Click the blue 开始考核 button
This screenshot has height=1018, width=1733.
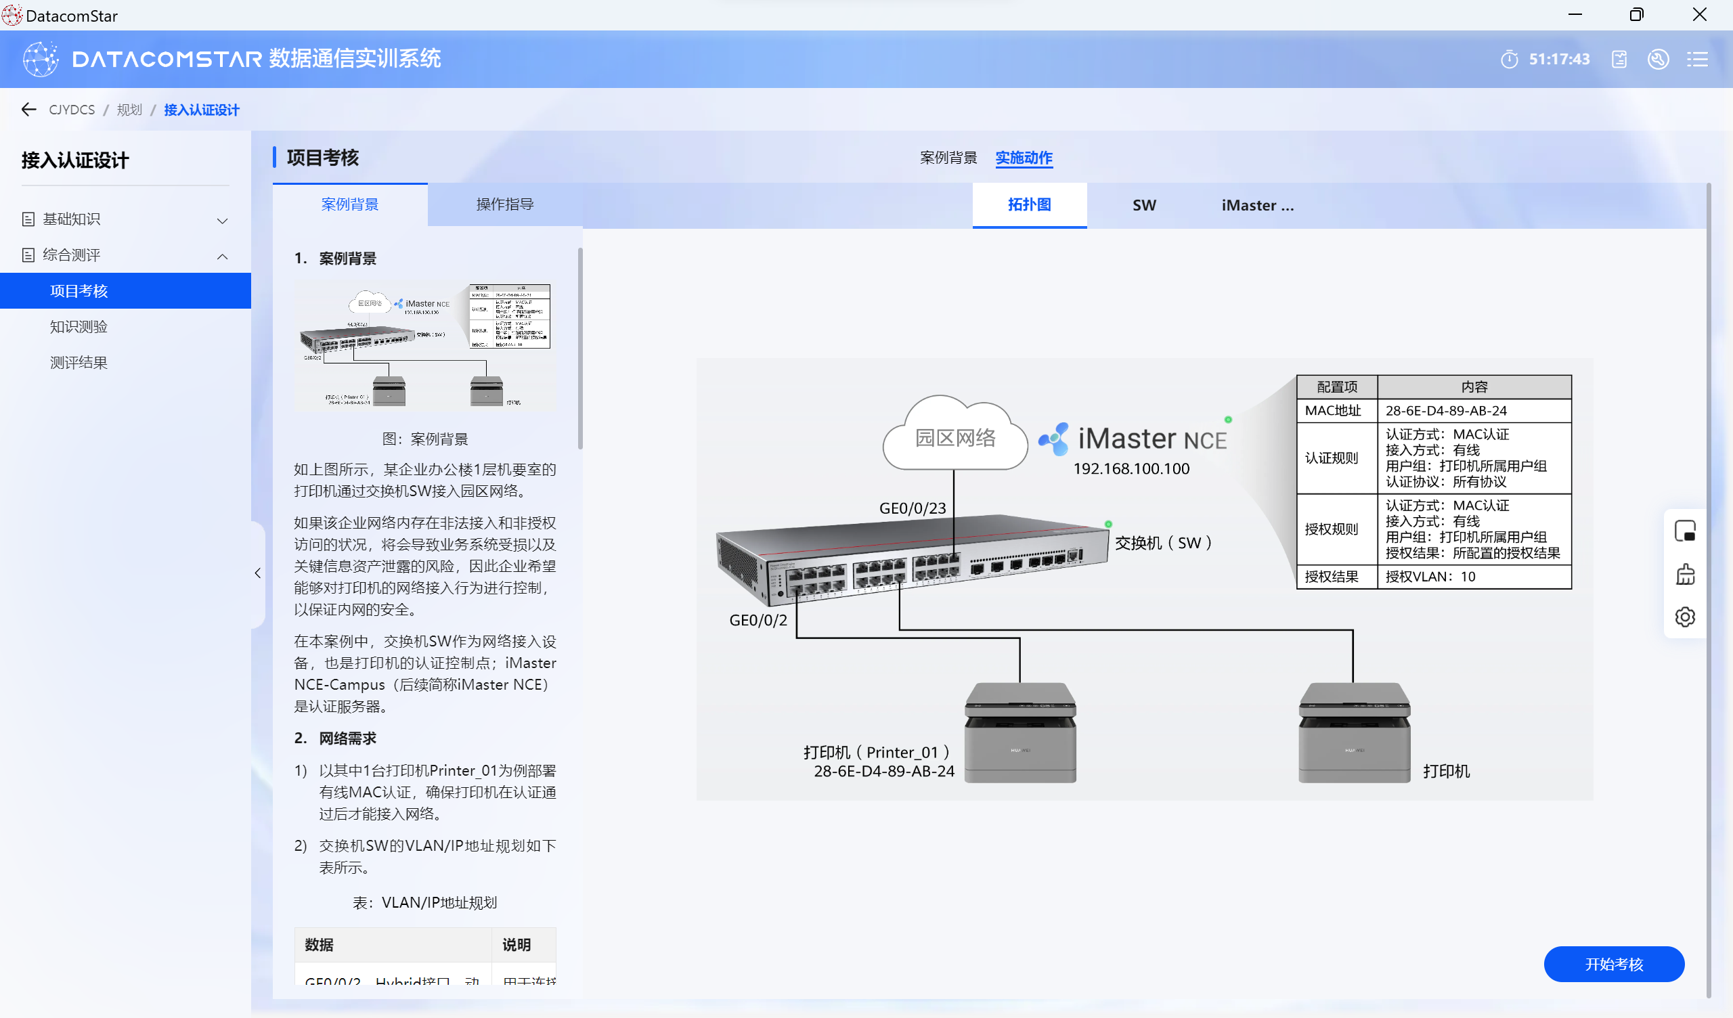point(1613,964)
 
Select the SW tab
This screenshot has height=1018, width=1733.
point(1143,205)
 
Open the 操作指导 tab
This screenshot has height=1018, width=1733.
point(505,204)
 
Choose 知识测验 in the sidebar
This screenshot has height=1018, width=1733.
point(79,327)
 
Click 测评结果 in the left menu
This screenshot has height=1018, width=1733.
point(79,363)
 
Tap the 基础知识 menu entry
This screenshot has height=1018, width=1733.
point(72,219)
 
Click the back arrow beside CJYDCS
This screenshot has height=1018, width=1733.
point(28,110)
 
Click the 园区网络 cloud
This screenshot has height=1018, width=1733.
point(955,437)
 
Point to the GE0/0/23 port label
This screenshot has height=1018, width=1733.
point(912,508)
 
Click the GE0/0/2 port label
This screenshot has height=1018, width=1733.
point(758,620)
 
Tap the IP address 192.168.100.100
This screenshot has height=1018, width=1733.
point(1131,468)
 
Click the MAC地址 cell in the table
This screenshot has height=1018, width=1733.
point(1333,411)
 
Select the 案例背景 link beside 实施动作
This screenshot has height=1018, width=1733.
point(948,158)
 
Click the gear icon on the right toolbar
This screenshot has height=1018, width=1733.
point(1684,617)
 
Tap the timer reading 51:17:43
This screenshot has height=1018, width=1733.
point(1559,59)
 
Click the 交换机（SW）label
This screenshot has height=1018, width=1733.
point(1162,543)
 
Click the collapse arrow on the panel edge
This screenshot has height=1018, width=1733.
point(258,573)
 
